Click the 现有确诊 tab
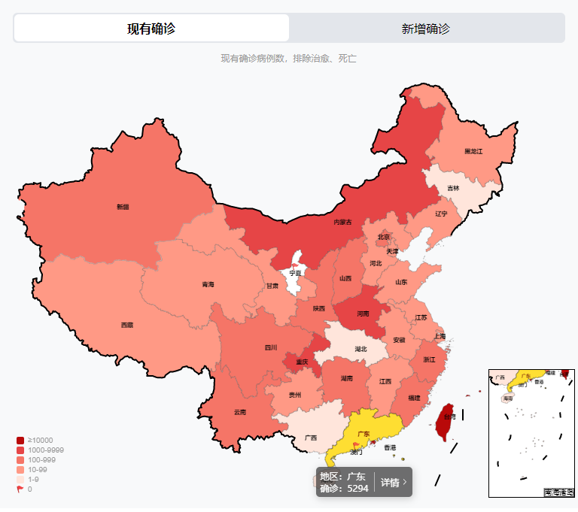(151, 29)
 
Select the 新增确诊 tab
(426, 29)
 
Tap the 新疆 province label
(123, 206)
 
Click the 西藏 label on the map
(127, 325)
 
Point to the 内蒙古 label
(342, 222)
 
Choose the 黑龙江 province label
(473, 151)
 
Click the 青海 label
(208, 284)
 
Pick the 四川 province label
(270, 347)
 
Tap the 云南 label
(240, 411)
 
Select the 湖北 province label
(360, 349)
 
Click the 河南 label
(363, 314)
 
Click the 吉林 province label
(453, 188)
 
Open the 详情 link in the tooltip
(393, 482)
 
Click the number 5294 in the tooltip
(357, 488)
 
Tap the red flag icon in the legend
(20, 489)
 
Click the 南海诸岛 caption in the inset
(559, 492)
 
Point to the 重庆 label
(301, 362)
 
